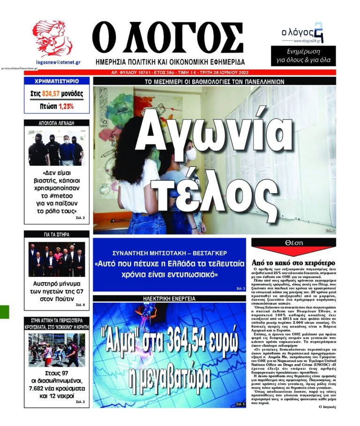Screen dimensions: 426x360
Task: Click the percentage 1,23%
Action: coord(66,106)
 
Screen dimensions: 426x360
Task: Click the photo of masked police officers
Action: coord(57,148)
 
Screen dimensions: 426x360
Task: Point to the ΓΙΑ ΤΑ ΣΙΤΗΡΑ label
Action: coord(57,233)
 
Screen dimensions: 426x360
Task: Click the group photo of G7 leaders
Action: coord(57,259)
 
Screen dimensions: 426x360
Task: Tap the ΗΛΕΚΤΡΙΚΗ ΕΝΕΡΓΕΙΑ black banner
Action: coord(169,298)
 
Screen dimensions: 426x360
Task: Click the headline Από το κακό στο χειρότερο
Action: coord(293,262)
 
